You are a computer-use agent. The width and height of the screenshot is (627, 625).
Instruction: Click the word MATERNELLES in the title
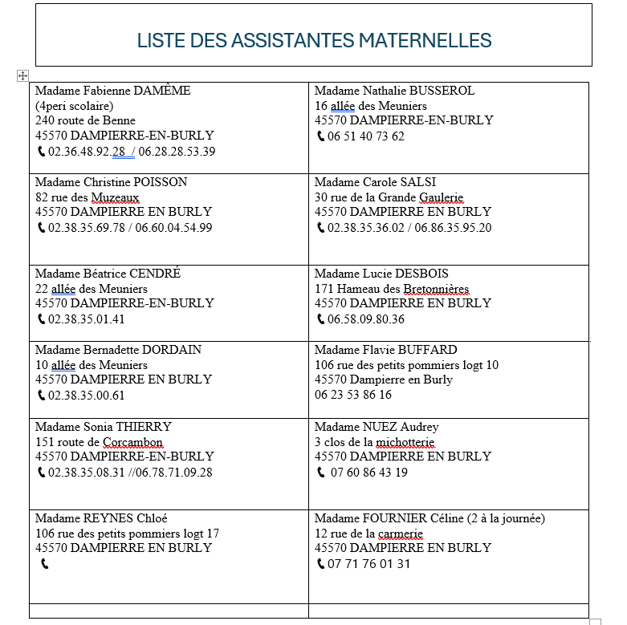click(425, 40)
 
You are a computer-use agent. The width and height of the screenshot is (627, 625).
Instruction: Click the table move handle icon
click(23, 75)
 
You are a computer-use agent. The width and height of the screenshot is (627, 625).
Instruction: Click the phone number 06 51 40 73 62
click(366, 136)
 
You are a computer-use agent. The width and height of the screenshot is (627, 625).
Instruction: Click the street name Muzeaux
click(116, 197)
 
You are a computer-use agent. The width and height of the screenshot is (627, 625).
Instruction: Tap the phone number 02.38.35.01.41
click(87, 319)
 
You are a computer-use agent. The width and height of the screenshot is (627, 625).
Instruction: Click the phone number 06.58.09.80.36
click(366, 319)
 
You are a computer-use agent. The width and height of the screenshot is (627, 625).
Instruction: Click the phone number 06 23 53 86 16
click(353, 395)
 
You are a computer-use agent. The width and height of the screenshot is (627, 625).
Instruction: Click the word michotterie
click(405, 442)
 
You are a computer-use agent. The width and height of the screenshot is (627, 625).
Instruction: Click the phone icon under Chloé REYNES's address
click(44, 564)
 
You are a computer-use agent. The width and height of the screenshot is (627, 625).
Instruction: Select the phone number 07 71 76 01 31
click(368, 564)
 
